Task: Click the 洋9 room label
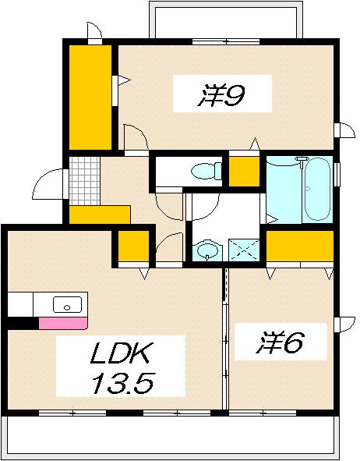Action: [x=223, y=97]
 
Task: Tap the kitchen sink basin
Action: [x=67, y=305]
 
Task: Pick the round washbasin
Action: [x=206, y=251]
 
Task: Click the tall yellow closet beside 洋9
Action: [x=90, y=97]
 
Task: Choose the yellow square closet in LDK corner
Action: [x=133, y=247]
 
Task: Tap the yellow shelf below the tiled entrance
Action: [x=99, y=214]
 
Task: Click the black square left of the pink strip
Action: [x=23, y=321]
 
